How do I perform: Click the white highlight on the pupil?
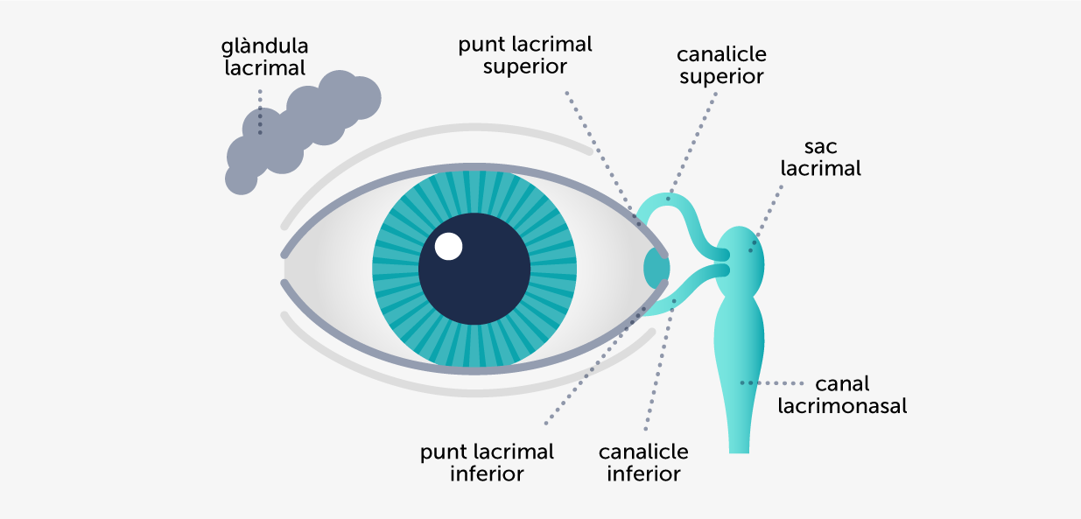click(448, 247)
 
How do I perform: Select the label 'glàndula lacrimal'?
click(264, 56)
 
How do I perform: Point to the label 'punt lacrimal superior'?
click(525, 54)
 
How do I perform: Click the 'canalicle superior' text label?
click(721, 65)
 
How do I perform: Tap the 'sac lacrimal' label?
click(821, 158)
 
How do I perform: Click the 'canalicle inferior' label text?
click(643, 463)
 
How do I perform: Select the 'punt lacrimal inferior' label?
click(487, 463)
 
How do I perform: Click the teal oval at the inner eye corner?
click(656, 267)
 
